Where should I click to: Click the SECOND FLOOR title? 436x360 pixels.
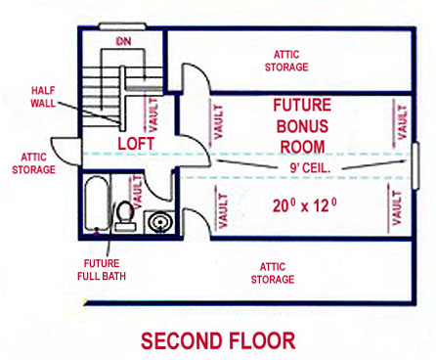(x=217, y=340)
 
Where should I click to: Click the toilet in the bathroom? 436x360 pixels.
(x=124, y=214)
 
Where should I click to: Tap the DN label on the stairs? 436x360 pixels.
(x=123, y=41)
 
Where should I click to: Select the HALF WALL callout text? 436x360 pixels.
(x=42, y=96)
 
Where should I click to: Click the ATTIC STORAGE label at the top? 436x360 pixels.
(x=286, y=61)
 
